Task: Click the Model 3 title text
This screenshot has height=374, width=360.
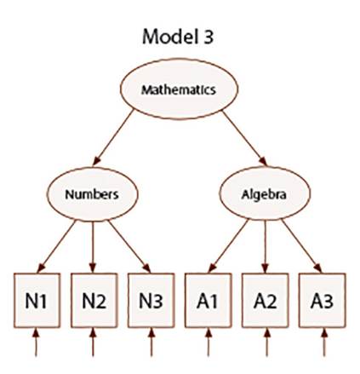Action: [x=179, y=39]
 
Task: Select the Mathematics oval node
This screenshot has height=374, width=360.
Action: [x=179, y=89]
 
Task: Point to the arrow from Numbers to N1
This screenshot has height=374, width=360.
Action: [x=58, y=243]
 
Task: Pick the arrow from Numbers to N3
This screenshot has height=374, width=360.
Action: [x=125, y=243]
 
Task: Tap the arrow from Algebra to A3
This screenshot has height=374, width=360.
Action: [x=299, y=243]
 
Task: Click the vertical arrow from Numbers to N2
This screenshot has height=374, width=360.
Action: [x=93, y=243]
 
